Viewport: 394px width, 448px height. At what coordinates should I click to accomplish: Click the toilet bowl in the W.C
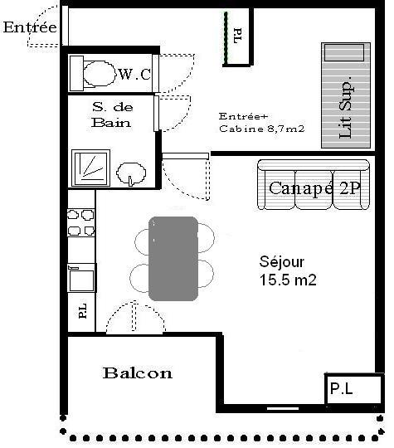tap(99, 73)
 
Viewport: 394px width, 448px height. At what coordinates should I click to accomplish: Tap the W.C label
tap(134, 75)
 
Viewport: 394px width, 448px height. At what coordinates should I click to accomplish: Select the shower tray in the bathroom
tap(91, 168)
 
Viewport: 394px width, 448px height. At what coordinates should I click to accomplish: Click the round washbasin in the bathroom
tap(131, 173)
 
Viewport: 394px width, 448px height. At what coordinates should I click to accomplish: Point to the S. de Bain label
tap(112, 114)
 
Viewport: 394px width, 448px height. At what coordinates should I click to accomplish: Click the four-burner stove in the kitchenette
tap(80, 222)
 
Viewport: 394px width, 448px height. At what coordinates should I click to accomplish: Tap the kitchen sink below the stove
tap(82, 278)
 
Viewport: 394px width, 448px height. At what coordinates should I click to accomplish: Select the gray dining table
tap(173, 259)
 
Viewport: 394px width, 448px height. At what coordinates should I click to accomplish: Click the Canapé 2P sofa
tap(314, 184)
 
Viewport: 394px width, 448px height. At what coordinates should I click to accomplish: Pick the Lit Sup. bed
tap(346, 95)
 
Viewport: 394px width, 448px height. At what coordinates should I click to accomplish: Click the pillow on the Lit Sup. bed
tap(344, 52)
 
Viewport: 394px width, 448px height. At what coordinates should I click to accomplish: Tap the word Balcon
tap(138, 373)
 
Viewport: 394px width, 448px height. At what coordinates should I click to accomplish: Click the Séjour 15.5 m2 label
tap(288, 270)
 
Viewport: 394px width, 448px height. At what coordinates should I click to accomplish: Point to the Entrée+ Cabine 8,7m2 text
tap(262, 123)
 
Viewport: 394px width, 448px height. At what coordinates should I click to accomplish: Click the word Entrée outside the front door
tap(30, 27)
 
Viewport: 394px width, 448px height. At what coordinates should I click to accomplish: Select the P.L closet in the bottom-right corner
tap(353, 388)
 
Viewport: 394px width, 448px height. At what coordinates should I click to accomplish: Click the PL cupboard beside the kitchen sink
tap(81, 312)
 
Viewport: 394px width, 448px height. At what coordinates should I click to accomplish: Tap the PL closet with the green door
tap(238, 37)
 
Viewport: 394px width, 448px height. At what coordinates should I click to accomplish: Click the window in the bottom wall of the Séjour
tap(283, 408)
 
